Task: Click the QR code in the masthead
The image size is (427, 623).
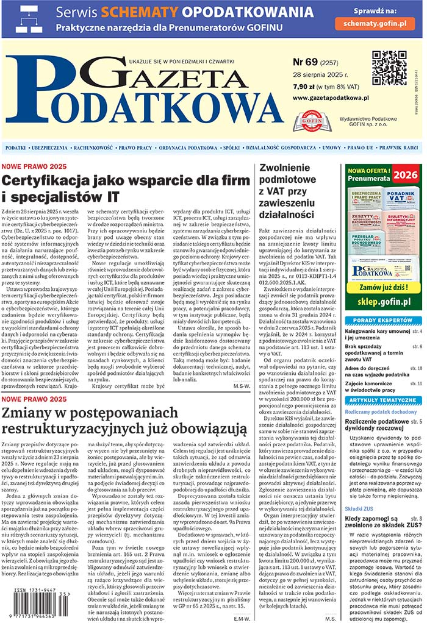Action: (x=389, y=68)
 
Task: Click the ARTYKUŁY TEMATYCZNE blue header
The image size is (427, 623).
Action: (x=382, y=400)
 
